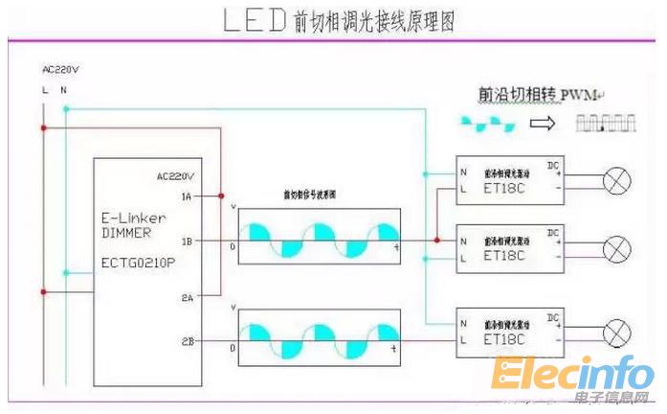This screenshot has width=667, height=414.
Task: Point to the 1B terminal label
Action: click(187, 241)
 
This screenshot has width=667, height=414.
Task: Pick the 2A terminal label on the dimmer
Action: click(187, 297)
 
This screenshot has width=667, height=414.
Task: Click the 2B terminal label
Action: click(187, 340)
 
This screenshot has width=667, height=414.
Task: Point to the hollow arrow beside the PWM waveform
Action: click(544, 124)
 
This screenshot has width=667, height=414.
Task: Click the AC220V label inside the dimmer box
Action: click(175, 176)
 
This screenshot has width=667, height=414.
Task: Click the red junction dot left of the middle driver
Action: click(437, 241)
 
